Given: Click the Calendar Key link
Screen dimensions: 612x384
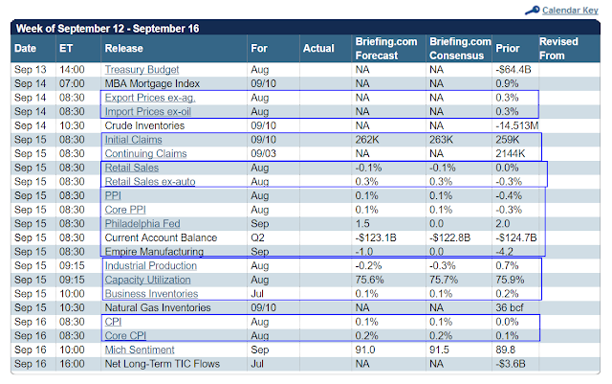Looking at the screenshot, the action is tap(570, 11).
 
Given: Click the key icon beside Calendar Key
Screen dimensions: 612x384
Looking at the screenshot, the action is tap(533, 11).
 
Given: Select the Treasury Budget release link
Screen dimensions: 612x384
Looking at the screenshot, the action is tap(142, 70).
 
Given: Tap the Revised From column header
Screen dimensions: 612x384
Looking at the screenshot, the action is tap(558, 49).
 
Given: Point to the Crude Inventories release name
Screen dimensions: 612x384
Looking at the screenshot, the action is tap(144, 125).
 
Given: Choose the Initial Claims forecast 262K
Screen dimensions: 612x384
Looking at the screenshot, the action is tap(366, 140).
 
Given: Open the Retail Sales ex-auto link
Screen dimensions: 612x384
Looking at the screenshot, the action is tap(150, 182).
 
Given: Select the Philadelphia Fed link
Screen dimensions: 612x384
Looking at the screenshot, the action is tap(142, 224).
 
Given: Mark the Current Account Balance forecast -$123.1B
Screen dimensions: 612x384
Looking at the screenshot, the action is tap(376, 237).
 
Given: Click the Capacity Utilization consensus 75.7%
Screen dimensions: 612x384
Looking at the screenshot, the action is tap(444, 280).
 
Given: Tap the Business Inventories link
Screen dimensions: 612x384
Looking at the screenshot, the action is tap(151, 294).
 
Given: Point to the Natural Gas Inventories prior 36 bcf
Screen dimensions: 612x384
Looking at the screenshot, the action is tap(510, 307).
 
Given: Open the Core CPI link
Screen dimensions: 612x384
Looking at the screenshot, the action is tap(125, 336).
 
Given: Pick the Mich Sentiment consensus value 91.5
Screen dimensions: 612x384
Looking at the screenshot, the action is tap(439, 350).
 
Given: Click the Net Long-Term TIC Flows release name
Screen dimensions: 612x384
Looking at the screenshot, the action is tap(162, 364).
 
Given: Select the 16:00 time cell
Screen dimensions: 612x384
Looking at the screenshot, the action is tap(72, 364).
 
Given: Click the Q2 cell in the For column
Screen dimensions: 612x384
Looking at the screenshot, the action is tap(257, 237).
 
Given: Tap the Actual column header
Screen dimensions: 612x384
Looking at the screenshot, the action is tap(318, 49).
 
